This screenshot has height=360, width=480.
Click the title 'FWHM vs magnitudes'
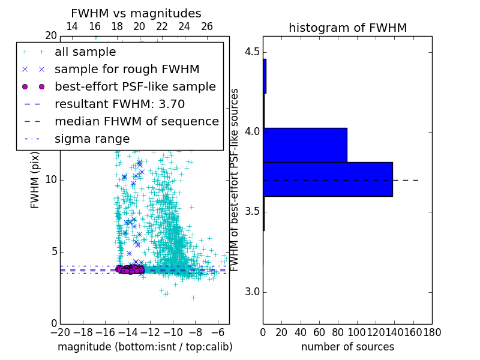click(x=136, y=13)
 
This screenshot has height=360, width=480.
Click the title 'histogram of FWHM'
click(x=347, y=28)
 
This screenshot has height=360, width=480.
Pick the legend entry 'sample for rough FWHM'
click(x=127, y=69)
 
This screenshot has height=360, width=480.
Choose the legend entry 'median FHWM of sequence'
click(x=136, y=121)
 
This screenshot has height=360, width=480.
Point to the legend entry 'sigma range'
click(x=92, y=139)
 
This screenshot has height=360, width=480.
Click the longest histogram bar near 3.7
click(x=328, y=179)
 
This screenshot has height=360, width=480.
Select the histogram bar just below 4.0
click(x=305, y=145)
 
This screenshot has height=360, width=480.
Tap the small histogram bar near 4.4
click(x=265, y=76)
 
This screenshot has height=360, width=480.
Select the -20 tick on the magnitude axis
click(x=60, y=332)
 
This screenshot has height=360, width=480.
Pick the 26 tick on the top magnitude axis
click(x=207, y=26)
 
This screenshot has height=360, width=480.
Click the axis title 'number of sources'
click(x=347, y=347)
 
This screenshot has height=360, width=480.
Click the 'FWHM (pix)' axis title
click(x=35, y=180)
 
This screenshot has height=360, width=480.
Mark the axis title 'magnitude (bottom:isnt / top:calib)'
click(x=145, y=347)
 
